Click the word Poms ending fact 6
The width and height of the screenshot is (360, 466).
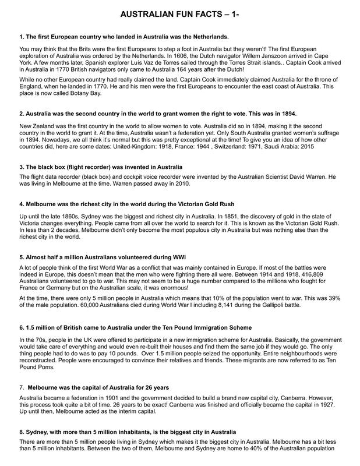[x=44, y=368]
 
